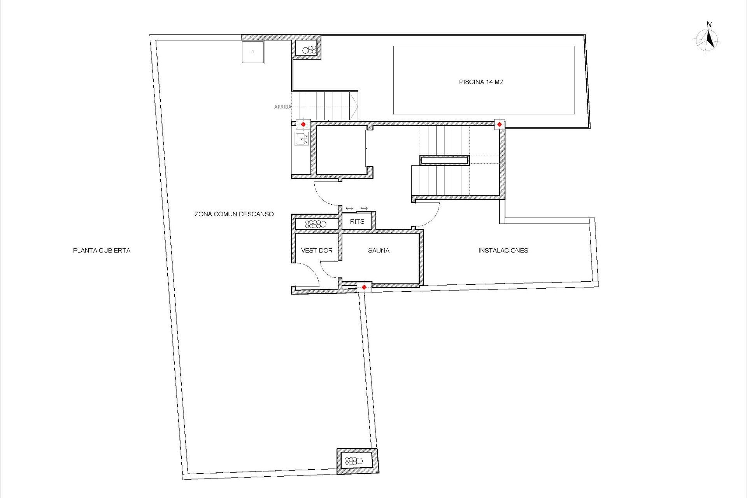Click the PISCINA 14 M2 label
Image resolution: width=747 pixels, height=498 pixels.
481,82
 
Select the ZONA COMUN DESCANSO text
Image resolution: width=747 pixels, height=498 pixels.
234,214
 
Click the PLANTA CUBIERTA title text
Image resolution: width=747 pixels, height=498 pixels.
102,251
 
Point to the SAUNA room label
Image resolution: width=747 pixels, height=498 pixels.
379,251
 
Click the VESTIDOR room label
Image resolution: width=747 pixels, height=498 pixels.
317,251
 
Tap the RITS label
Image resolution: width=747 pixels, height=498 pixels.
357,222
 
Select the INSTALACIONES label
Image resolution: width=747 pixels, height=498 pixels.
503,251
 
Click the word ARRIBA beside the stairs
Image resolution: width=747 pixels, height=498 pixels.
282,107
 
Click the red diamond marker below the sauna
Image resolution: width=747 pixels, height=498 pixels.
364,288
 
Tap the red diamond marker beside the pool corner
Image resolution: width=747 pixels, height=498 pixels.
499,124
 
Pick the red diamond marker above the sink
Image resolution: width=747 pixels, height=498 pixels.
303,124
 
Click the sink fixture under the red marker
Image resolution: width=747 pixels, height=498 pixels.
302,139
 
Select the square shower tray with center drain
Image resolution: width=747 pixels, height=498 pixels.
253,52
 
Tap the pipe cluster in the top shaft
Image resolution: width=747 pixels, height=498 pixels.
310,50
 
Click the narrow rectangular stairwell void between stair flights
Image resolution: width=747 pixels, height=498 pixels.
444,160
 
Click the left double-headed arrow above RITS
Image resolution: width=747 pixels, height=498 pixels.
349,209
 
